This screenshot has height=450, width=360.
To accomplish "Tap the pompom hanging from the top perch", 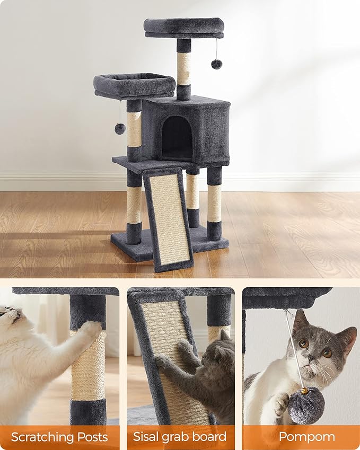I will pos(216,64).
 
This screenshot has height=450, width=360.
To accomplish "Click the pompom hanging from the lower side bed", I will pos(120,128).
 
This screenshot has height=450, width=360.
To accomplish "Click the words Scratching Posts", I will pos(59,437).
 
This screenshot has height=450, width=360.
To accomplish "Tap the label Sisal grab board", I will pos(180,437).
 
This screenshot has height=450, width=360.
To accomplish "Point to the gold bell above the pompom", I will pos(305,391).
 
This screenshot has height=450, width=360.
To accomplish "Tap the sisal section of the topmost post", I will pos(183,68).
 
